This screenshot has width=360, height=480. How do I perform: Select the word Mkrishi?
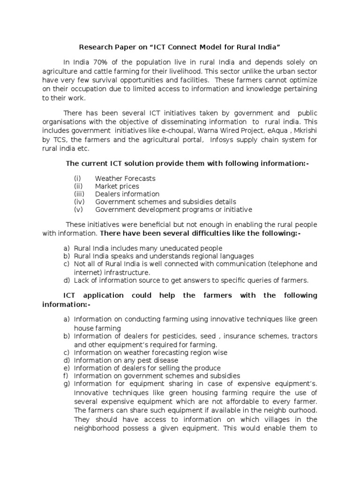306,131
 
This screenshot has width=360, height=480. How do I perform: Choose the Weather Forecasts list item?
125,179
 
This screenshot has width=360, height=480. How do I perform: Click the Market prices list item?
117,186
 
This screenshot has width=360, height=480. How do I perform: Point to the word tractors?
304,337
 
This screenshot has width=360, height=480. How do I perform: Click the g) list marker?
67,383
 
